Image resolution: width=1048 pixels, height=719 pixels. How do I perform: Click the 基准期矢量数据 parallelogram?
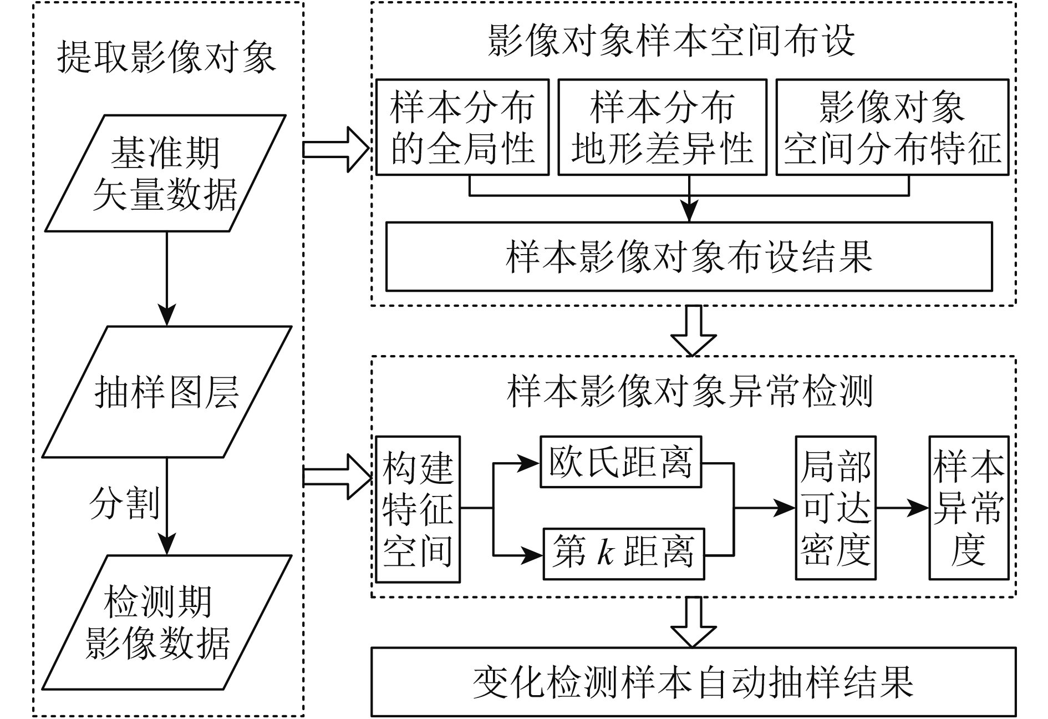165,173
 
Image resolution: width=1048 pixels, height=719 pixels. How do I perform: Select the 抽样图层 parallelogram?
166,392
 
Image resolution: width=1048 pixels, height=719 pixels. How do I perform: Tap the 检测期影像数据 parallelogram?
166,622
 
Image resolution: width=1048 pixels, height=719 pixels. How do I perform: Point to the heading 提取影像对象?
166,57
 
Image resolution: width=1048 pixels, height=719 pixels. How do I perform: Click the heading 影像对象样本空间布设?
671,40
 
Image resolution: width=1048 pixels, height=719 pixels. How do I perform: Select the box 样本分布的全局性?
462,128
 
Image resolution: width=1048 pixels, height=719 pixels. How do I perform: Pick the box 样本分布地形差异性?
662,128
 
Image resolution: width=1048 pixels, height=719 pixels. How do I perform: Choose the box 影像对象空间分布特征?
892,128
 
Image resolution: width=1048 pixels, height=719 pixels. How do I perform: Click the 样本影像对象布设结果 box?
689,257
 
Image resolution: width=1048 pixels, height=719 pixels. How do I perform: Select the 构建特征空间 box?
418,509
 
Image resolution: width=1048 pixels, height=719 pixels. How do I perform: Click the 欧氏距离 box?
620,462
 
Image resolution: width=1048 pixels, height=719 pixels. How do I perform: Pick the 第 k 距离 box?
623,554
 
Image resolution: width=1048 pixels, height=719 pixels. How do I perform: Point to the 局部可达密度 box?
836,508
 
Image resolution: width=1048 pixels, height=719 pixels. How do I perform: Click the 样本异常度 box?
968,508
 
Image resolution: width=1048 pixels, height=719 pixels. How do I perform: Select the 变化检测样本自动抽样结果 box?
693,682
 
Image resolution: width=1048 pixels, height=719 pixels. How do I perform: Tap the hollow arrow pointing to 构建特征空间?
336,477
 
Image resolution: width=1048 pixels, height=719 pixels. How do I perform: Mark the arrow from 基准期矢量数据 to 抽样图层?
166,277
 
